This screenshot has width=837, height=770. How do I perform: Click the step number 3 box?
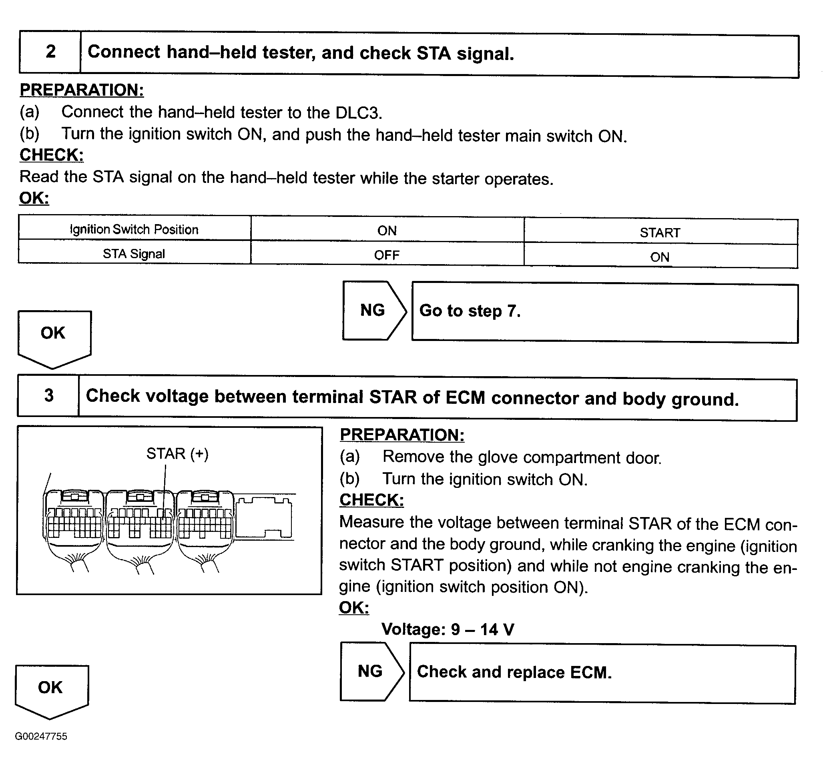click(x=48, y=395)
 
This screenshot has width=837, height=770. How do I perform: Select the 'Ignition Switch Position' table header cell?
click(x=134, y=229)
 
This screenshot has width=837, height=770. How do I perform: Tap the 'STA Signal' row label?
click(x=134, y=254)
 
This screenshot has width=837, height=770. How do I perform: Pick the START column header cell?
click(x=660, y=233)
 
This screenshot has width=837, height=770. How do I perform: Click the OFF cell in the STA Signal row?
click(x=387, y=255)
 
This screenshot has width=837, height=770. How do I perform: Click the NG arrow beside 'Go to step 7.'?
click(x=373, y=311)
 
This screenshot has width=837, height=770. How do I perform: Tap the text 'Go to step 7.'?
click(x=470, y=311)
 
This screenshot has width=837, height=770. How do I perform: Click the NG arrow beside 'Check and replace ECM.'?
click(x=370, y=671)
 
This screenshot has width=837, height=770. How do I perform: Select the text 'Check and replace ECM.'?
click(x=514, y=672)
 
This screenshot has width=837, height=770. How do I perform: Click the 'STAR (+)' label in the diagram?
click(x=177, y=454)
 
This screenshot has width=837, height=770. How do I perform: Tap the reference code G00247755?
click(x=41, y=736)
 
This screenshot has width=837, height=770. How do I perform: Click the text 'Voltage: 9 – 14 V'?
click(x=448, y=629)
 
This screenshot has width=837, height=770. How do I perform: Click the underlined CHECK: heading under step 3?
click(x=371, y=500)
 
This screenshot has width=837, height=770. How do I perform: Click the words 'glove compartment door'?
click(x=569, y=458)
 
